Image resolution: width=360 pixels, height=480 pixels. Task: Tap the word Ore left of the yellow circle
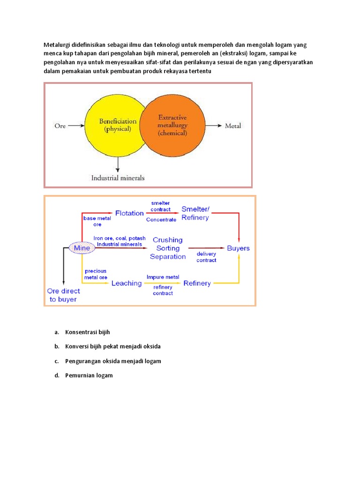[x=60, y=126]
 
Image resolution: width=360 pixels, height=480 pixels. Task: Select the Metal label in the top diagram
[x=233, y=126]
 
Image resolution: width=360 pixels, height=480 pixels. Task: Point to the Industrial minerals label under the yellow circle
[x=118, y=178]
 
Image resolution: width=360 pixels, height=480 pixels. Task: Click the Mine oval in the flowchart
[x=82, y=248]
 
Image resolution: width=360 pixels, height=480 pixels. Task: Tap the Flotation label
[x=129, y=213]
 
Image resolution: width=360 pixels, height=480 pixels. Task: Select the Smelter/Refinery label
[x=195, y=213]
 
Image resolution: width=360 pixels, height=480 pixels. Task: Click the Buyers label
[x=238, y=248]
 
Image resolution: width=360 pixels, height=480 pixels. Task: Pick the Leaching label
[x=126, y=283]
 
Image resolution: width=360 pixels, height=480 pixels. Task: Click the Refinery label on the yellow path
[x=197, y=283]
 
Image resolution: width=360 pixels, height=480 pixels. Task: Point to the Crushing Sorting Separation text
[x=168, y=248]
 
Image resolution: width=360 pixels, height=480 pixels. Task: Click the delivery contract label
[x=206, y=257]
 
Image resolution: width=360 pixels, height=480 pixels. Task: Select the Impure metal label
[x=163, y=277]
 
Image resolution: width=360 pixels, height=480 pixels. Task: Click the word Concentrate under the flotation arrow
[x=161, y=219]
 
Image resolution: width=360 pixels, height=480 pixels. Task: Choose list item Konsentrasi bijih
[x=87, y=332]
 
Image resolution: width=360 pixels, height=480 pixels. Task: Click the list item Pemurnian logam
[x=89, y=375]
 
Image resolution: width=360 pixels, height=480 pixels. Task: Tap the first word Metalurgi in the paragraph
[x=59, y=45]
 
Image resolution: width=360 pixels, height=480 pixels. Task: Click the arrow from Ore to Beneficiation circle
[x=76, y=126]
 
